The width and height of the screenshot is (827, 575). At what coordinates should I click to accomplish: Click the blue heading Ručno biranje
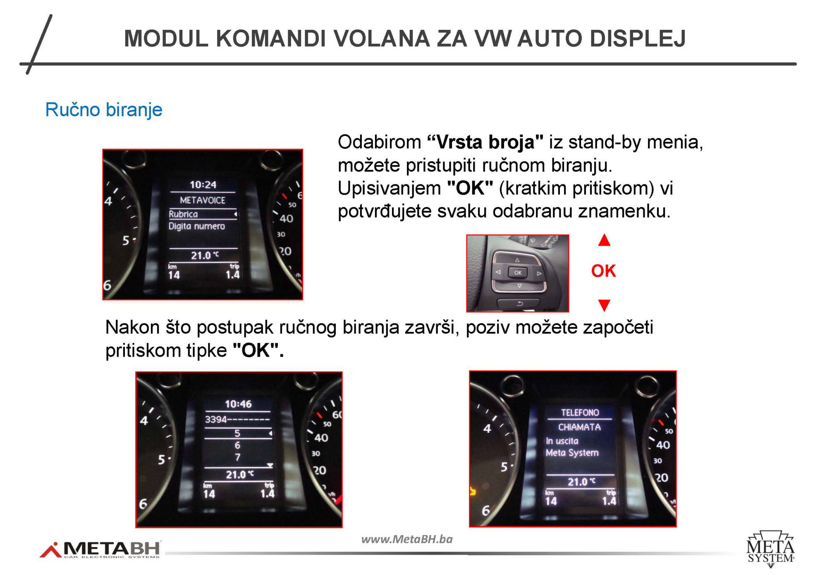104,110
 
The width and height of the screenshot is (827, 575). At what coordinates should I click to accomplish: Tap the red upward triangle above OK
604,240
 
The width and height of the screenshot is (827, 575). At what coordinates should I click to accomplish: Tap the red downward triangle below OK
604,305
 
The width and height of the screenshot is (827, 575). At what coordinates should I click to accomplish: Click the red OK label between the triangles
603,271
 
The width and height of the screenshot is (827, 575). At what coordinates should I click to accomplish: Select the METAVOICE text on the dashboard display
203,200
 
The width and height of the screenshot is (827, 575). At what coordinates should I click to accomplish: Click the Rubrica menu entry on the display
183,214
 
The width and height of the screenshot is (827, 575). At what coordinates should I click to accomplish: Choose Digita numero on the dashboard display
197,226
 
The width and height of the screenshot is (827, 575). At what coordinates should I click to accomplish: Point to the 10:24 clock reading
203,185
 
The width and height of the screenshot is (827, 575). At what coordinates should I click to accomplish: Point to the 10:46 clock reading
238,404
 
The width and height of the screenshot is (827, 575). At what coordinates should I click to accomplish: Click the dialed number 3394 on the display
216,420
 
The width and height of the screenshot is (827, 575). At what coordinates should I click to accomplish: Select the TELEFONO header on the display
580,413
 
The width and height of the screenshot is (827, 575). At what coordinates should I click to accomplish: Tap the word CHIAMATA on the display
579,427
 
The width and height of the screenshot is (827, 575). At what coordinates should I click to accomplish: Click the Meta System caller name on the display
572,453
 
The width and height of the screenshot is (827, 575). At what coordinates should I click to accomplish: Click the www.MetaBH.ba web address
407,539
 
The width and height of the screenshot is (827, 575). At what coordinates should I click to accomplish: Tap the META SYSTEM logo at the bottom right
770,549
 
